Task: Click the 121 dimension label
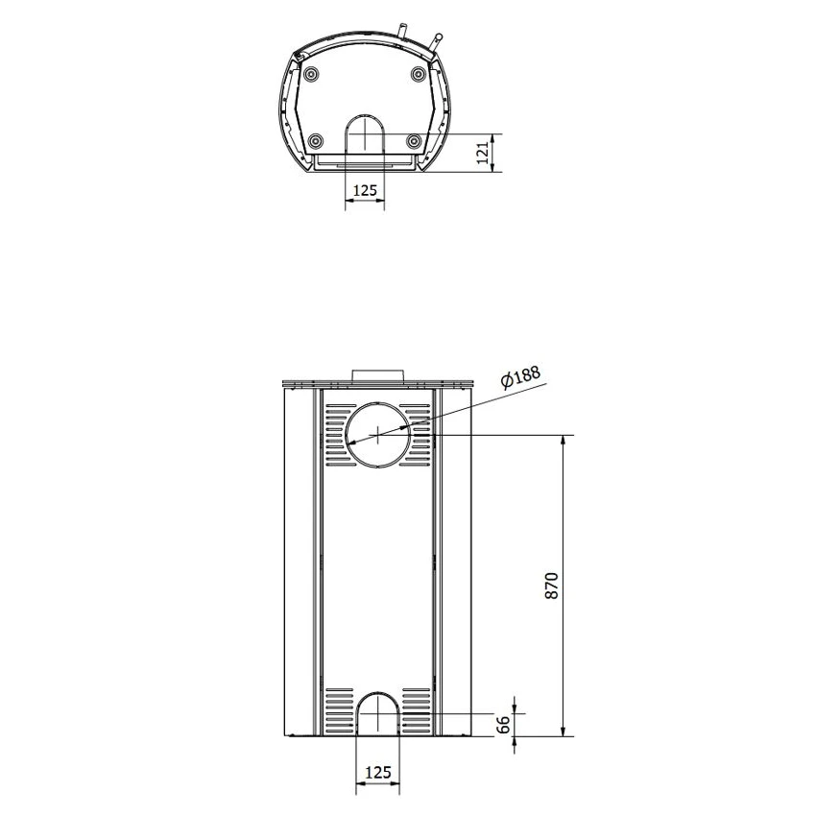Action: click(x=484, y=153)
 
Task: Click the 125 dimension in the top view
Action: click(x=365, y=190)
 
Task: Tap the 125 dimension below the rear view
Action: click(x=378, y=772)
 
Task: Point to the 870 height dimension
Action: click(x=552, y=586)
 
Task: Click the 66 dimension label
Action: click(x=503, y=725)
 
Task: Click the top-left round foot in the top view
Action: click(x=311, y=75)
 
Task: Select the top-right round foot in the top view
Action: click(x=419, y=74)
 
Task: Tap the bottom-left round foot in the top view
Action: click(x=316, y=141)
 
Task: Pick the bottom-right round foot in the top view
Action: click(x=415, y=141)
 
